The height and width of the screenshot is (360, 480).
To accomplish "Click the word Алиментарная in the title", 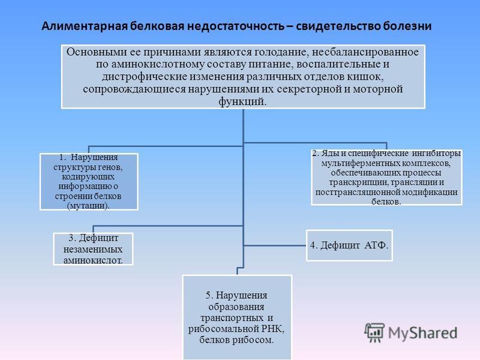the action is tap(85, 26).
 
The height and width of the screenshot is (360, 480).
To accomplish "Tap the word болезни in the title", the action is tap(407, 26).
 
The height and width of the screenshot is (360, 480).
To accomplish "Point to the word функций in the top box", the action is tap(242, 101).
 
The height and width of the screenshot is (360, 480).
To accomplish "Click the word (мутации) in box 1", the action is tap(88, 206).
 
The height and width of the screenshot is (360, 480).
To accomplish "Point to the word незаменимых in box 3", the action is tap(93, 250).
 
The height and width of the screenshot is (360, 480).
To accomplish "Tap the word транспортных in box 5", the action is tap(232, 318).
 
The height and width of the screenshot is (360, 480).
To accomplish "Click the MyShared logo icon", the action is tap(374, 332).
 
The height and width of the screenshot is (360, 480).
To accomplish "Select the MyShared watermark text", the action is tap(423, 333).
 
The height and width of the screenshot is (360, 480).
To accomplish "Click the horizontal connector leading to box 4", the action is tap(275, 245).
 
